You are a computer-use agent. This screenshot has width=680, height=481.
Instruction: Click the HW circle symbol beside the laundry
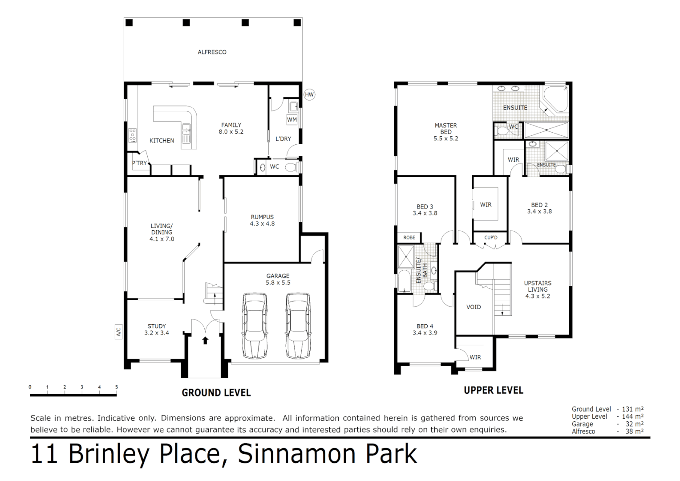pyautogui.click(x=309, y=94)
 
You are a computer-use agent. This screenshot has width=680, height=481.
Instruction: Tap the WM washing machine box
pyautogui.click(x=292, y=119)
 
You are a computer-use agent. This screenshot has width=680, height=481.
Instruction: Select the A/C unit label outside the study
pyautogui.click(x=118, y=332)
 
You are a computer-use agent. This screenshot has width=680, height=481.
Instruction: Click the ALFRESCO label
pyautogui.click(x=212, y=52)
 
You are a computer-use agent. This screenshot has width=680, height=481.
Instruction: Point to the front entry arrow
pyautogui.click(x=205, y=341)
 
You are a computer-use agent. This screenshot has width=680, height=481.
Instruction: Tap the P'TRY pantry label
pyautogui.click(x=139, y=163)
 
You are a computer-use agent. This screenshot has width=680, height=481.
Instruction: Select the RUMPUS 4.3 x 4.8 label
pyautogui.click(x=262, y=220)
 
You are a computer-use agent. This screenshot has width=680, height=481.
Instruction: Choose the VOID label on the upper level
pyautogui.click(x=474, y=307)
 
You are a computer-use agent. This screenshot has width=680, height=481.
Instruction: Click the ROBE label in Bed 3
pyautogui.click(x=409, y=237)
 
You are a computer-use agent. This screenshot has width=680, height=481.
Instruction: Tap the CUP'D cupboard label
pyautogui.click(x=491, y=237)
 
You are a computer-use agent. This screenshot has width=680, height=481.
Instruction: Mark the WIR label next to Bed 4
pyautogui.click(x=475, y=357)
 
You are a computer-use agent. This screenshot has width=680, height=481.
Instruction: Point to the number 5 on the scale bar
pyautogui.click(x=117, y=387)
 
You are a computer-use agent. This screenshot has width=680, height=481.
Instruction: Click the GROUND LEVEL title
pyautogui.click(x=216, y=393)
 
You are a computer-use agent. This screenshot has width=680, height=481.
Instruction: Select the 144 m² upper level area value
pyautogui.click(x=632, y=416)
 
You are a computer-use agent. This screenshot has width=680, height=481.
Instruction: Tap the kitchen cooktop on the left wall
pyautogui.click(x=132, y=135)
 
